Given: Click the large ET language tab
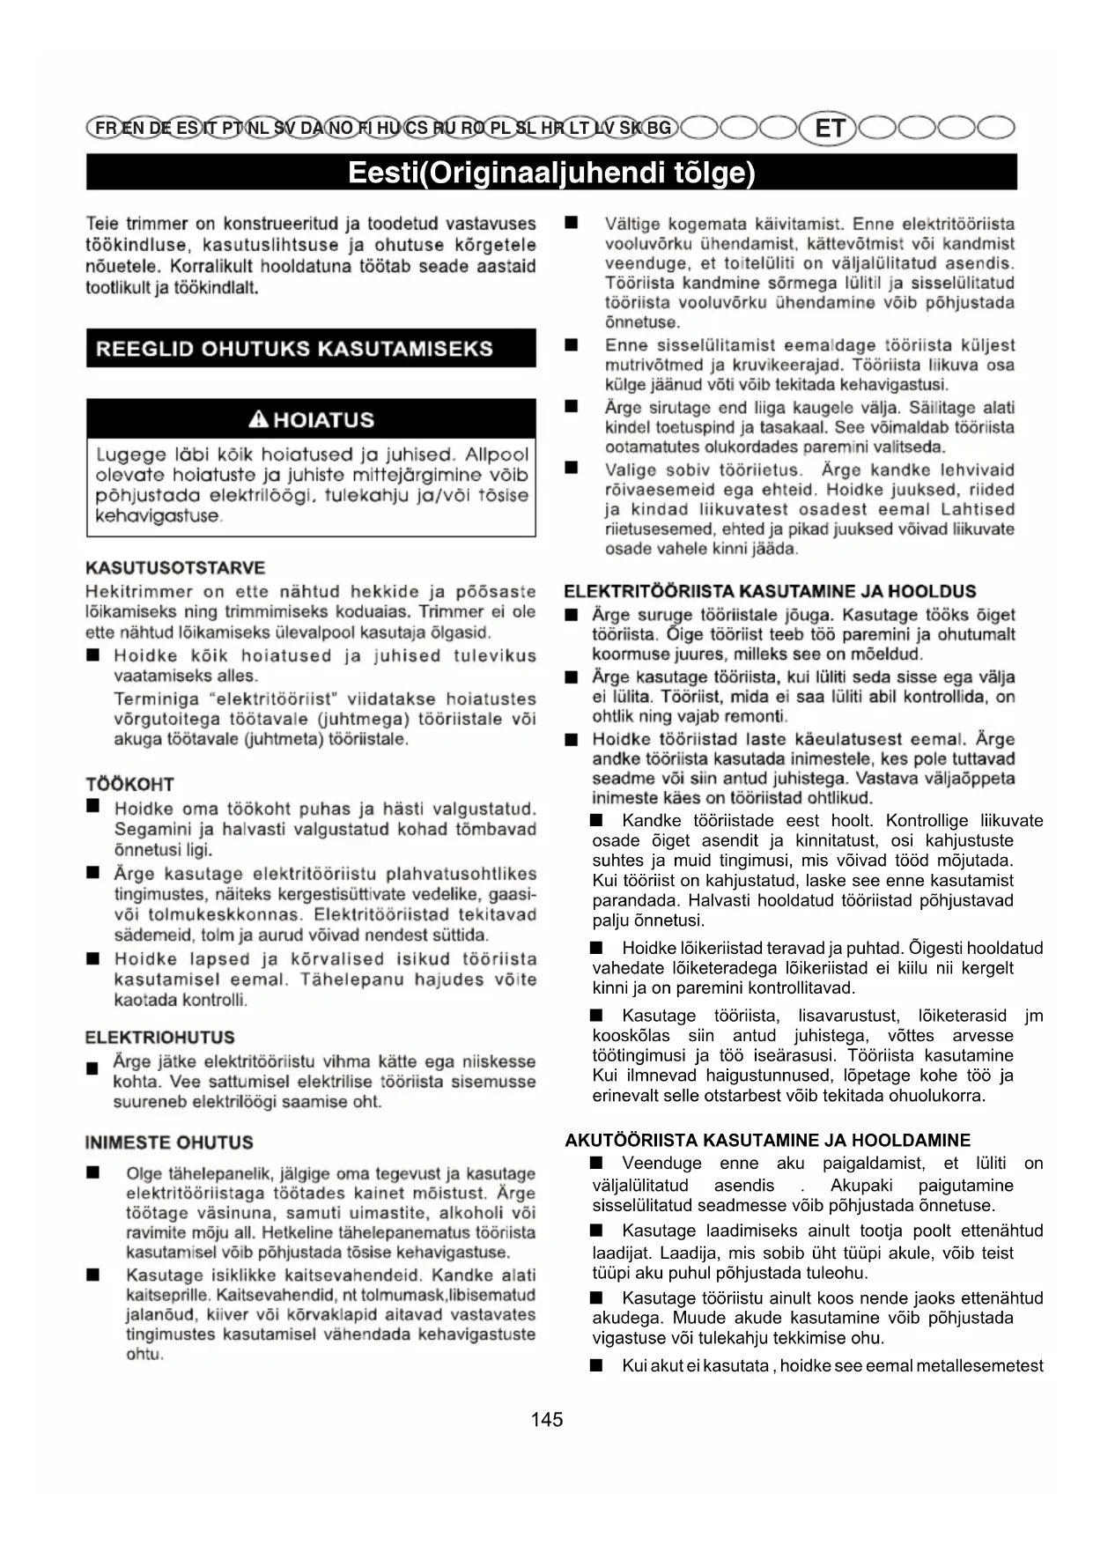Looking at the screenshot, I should [829, 129].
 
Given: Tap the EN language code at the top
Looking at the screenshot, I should [134, 128].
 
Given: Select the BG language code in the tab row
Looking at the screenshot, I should [659, 128].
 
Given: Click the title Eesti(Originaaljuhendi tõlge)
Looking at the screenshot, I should [551, 172].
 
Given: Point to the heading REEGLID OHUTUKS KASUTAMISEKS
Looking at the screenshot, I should [294, 349].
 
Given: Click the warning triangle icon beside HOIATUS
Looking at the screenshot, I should [259, 419].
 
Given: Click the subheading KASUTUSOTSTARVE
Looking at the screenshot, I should [175, 567].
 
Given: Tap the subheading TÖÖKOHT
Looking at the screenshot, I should [129, 784].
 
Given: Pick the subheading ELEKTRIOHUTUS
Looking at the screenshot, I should [159, 1037].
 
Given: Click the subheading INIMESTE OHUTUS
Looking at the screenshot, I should [169, 1142].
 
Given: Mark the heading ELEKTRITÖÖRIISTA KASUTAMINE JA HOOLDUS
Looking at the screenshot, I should [770, 591].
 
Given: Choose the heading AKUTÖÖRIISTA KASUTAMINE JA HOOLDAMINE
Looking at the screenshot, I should [767, 1140].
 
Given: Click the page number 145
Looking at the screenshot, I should [546, 1419].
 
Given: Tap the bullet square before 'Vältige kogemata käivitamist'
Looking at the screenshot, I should [572, 224].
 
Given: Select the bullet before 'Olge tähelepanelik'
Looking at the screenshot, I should [92, 1173].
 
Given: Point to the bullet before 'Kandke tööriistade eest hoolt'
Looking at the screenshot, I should [596, 821].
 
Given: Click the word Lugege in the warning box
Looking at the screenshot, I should [130, 455].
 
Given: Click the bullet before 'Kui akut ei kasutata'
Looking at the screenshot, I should [596, 1365].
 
